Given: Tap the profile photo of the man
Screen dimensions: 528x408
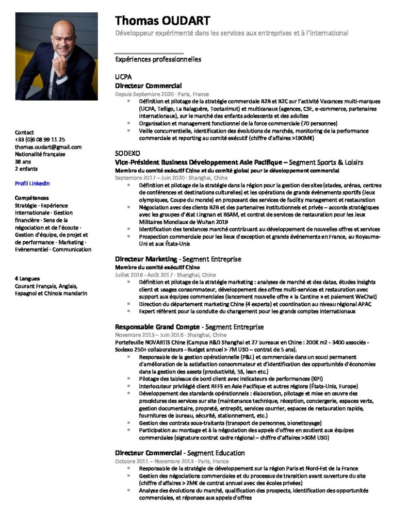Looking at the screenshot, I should tap(56, 56).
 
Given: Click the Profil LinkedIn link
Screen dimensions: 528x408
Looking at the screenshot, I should tap(32, 183).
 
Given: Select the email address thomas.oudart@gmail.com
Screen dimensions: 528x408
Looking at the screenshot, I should tap(48, 147).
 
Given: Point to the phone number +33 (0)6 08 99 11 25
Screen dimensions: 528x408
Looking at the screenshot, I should tap(40, 140).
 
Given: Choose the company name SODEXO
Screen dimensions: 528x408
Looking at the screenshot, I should tap(127, 154).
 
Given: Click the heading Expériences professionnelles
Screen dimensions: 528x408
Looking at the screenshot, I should tap(158, 59).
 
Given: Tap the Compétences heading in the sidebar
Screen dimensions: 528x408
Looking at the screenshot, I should tap(32, 198).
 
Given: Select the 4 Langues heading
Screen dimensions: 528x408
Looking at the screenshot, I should tap(27, 279).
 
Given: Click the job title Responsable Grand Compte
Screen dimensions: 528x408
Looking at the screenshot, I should tap(157, 327).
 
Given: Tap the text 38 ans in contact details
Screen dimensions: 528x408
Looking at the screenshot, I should tap(23, 161).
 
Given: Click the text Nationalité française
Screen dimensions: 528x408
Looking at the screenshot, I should tap(40, 154).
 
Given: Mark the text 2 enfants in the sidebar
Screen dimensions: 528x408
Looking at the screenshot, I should tap(26, 169).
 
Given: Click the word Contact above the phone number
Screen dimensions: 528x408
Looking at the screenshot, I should tap(25, 133).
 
